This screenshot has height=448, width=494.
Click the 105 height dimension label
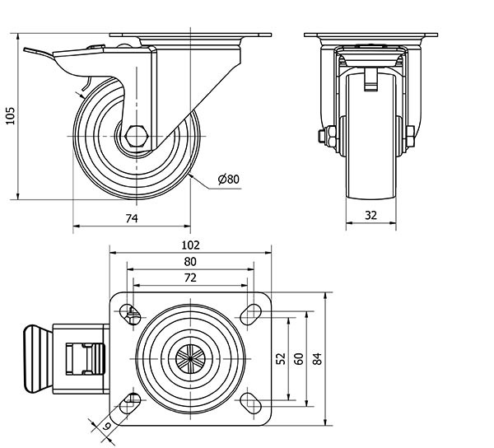pos(10,116)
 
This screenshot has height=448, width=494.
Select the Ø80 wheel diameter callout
pos(228,179)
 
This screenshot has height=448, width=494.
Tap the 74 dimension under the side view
pos(131,217)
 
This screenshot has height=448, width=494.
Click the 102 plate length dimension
pos(190,245)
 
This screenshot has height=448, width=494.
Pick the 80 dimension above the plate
pos(190,261)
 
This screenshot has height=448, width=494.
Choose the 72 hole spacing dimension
pos(190,278)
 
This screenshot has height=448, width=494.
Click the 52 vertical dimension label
pos(280,358)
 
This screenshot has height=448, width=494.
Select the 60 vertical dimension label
pos(299,358)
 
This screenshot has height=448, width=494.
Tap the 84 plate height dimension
pos(318,358)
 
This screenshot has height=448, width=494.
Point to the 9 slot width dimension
pos(107,427)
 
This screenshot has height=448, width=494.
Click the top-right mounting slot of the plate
pos(249,312)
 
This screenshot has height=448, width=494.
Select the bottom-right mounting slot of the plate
pos(249,401)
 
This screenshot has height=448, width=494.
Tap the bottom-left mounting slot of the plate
pos(131,401)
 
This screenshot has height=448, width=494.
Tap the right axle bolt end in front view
pos(411,136)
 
